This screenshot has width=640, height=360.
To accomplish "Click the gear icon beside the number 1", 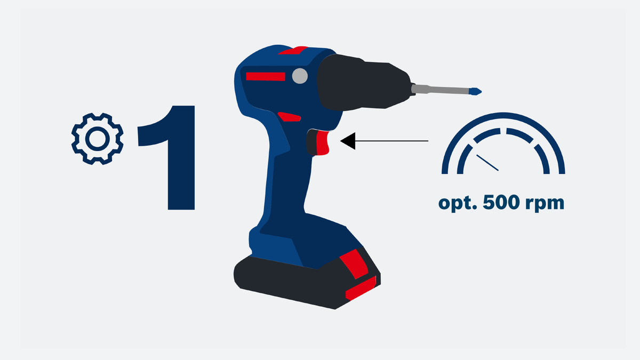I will click(x=97, y=139).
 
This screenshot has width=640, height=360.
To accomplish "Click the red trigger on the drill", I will click(x=323, y=143).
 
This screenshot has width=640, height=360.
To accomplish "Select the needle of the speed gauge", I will click(x=487, y=163).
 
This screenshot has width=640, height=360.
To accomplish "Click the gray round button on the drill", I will click(x=300, y=76).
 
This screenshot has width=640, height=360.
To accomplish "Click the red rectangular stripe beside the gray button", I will click(x=265, y=76).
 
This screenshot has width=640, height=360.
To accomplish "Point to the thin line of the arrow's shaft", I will click(x=392, y=141).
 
